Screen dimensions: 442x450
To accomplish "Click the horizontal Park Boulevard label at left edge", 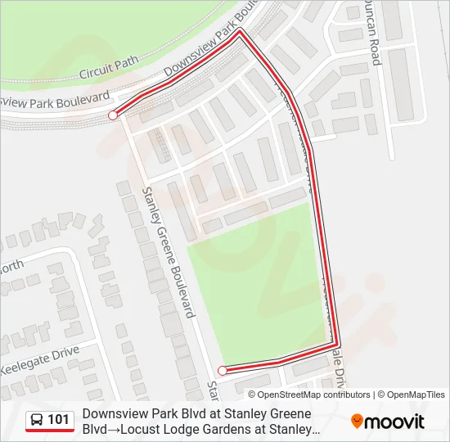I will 55,101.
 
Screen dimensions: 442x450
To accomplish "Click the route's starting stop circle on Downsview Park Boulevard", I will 112,116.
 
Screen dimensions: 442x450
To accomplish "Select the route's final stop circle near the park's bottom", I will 223,370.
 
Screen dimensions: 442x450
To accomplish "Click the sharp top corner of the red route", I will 240,32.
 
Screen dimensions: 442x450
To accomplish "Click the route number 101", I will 58,420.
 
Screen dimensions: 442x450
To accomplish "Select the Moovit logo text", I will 395,422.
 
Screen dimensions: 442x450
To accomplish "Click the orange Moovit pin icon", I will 357,422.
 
